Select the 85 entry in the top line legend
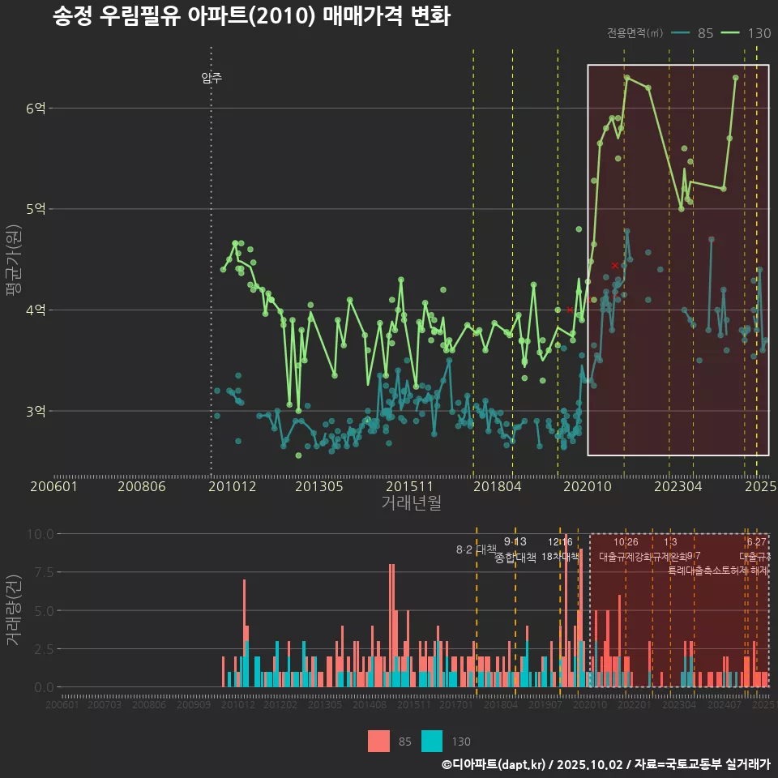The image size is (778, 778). point(704,33)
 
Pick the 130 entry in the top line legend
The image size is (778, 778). point(759,33)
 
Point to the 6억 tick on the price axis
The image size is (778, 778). point(36,108)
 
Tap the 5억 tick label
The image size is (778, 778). point(36,209)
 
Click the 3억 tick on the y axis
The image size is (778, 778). point(36,411)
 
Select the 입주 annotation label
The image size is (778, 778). point(212,79)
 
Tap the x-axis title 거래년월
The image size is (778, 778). point(411,503)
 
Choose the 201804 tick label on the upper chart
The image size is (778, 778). point(496,487)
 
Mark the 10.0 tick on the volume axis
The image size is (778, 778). point(41,534)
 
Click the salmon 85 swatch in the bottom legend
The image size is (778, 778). point(378,741)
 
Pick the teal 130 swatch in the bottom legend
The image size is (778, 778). point(432,741)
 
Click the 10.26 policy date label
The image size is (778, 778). point(626,542)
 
